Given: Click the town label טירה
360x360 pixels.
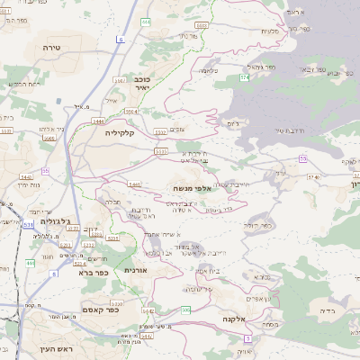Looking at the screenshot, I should pyautogui.click(x=51, y=42).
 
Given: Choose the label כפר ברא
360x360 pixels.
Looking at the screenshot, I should pyautogui.click(x=94, y=271).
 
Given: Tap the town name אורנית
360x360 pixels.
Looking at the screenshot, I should pyautogui.click(x=135, y=269).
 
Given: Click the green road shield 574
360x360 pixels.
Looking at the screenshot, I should pyautogui.click(x=244, y=78).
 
